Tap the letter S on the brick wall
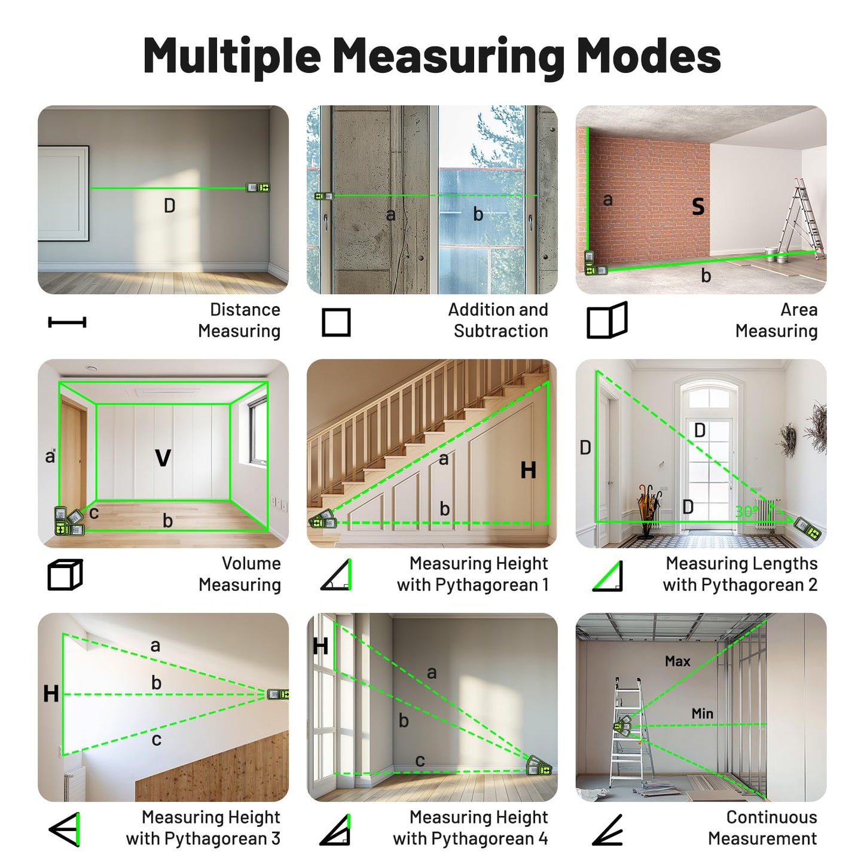698,207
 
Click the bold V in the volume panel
163,458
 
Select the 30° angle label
746,512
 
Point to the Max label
677,661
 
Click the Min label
702,713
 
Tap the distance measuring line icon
67,323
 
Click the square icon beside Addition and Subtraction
336,323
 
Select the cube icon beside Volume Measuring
65,575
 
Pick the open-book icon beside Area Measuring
607,321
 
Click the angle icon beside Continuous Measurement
607,830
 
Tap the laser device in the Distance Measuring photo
258,188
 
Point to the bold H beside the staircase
528,471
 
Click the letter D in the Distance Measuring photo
170,206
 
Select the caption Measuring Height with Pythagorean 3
203,828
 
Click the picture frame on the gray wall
63,193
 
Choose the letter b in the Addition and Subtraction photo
478,214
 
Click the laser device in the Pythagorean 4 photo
538,766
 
